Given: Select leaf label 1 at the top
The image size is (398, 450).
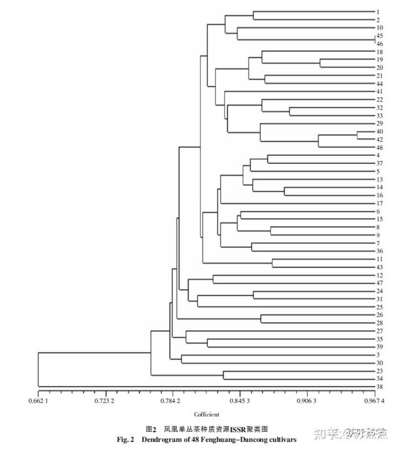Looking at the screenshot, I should pyautogui.click(x=378, y=12).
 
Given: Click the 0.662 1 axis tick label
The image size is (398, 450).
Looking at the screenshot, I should pyautogui.click(x=38, y=401).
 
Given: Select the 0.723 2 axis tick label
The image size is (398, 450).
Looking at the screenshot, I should pyautogui.click(x=104, y=401).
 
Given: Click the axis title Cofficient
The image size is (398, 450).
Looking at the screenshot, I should pyautogui.click(x=206, y=414).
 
